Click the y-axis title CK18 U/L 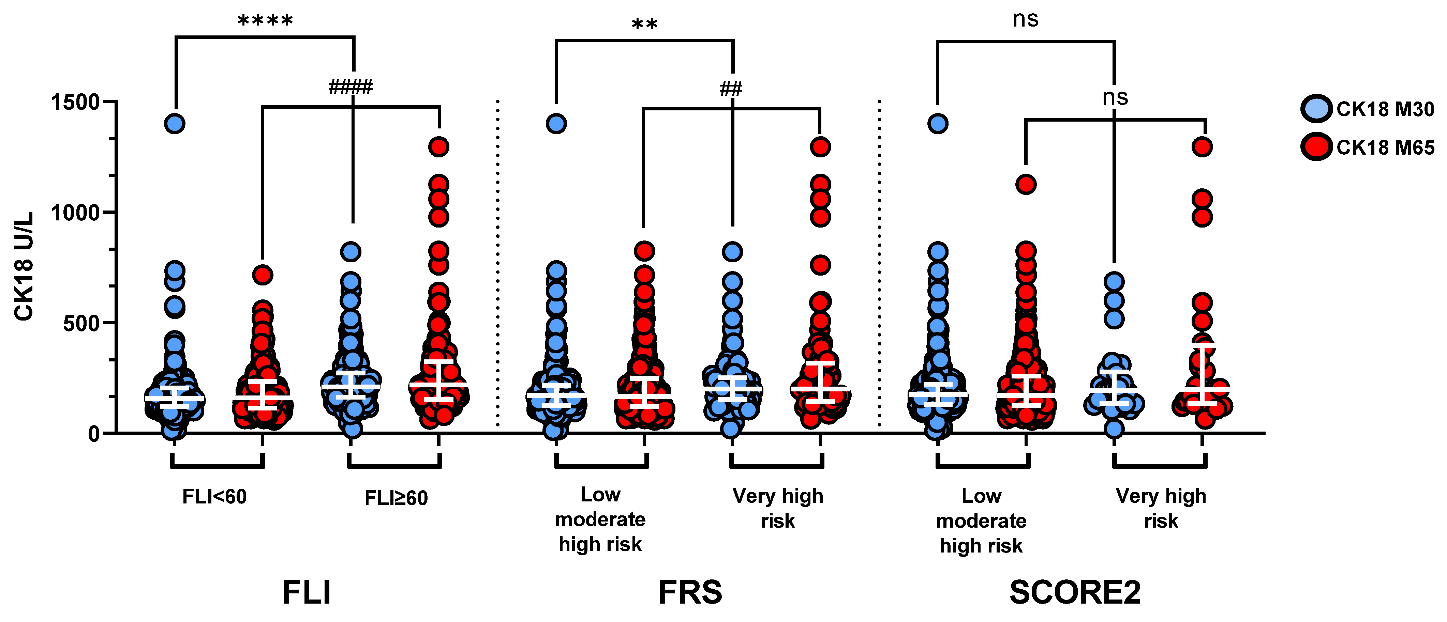tap(24, 267)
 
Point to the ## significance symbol tap(731, 89)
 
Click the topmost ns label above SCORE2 tap(1025, 20)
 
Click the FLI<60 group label tap(214, 497)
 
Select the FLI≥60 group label tap(396, 498)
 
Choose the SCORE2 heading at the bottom tap(1075, 592)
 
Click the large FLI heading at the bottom tap(307, 592)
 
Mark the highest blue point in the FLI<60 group tap(175, 124)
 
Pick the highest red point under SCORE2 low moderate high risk tap(1026, 184)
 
